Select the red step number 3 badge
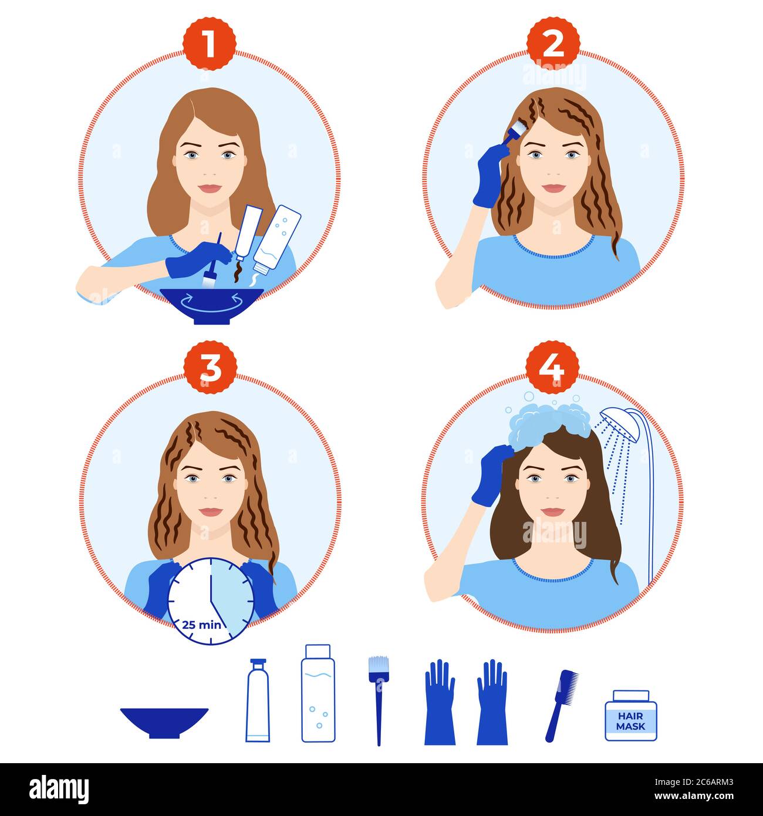click(210, 367)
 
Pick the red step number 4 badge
click(552, 367)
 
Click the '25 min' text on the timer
click(201, 624)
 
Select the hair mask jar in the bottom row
click(631, 715)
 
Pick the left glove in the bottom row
click(440, 703)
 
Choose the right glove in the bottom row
click(492, 703)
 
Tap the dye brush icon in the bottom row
click(379, 699)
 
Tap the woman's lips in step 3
click(210, 512)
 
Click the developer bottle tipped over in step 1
click(277, 238)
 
